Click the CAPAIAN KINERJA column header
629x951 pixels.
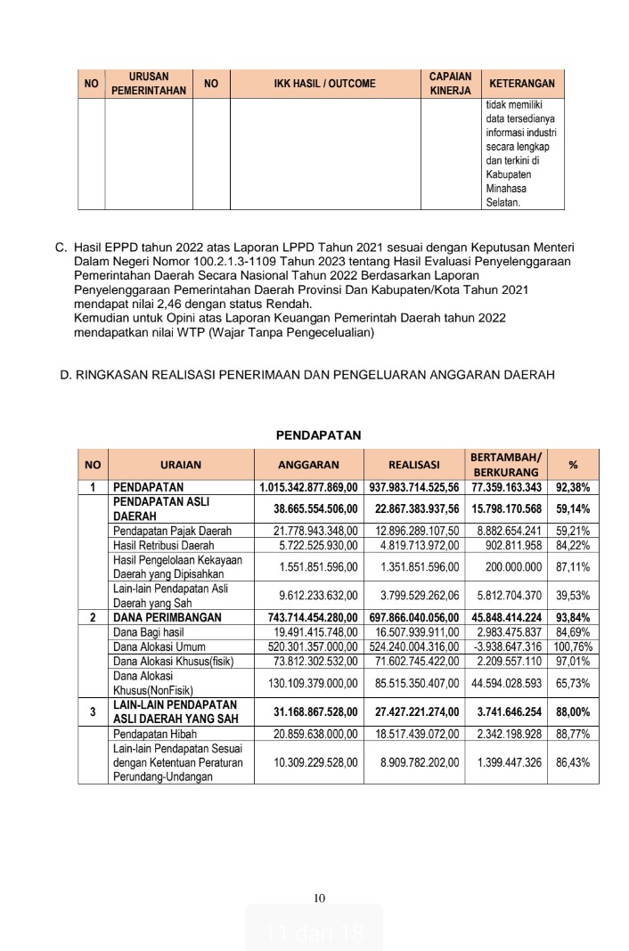point(450,84)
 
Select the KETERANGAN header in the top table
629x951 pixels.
point(522,84)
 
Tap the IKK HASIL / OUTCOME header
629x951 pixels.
point(324,84)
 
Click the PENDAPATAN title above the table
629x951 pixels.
point(318,435)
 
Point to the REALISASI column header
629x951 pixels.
point(414,464)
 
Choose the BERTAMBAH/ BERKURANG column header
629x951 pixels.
point(504,464)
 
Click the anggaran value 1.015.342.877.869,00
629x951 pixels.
point(308,487)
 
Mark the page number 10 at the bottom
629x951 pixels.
point(321,897)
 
